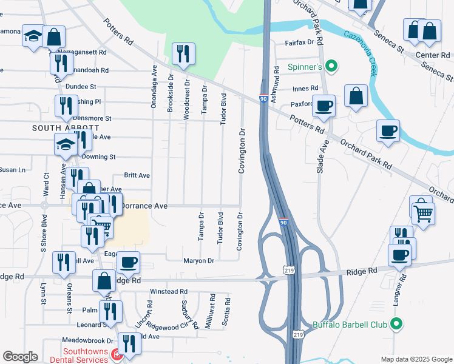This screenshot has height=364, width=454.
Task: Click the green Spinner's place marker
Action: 331,66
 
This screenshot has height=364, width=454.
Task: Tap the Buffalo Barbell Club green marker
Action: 397,325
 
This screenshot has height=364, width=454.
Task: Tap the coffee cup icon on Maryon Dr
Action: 128,263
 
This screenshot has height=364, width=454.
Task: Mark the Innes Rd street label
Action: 305,89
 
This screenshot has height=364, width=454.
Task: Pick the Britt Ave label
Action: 137,175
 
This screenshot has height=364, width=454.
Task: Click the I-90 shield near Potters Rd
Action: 263,99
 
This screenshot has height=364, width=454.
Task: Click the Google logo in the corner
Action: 20,357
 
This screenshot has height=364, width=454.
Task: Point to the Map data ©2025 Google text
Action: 416,359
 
